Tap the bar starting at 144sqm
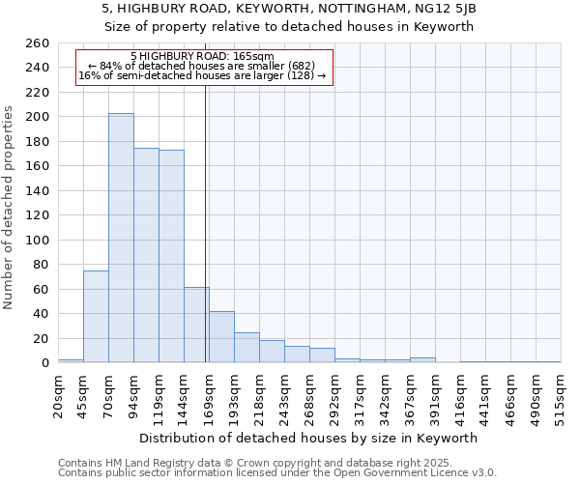point(196,325)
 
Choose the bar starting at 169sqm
point(221,337)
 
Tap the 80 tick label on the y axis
point(42,265)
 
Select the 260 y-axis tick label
point(38,43)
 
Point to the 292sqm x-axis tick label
point(335,395)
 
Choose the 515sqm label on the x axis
point(562,395)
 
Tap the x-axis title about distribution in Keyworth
point(309,438)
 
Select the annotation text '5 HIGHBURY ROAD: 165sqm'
point(202,57)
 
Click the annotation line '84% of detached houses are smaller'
point(202,66)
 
